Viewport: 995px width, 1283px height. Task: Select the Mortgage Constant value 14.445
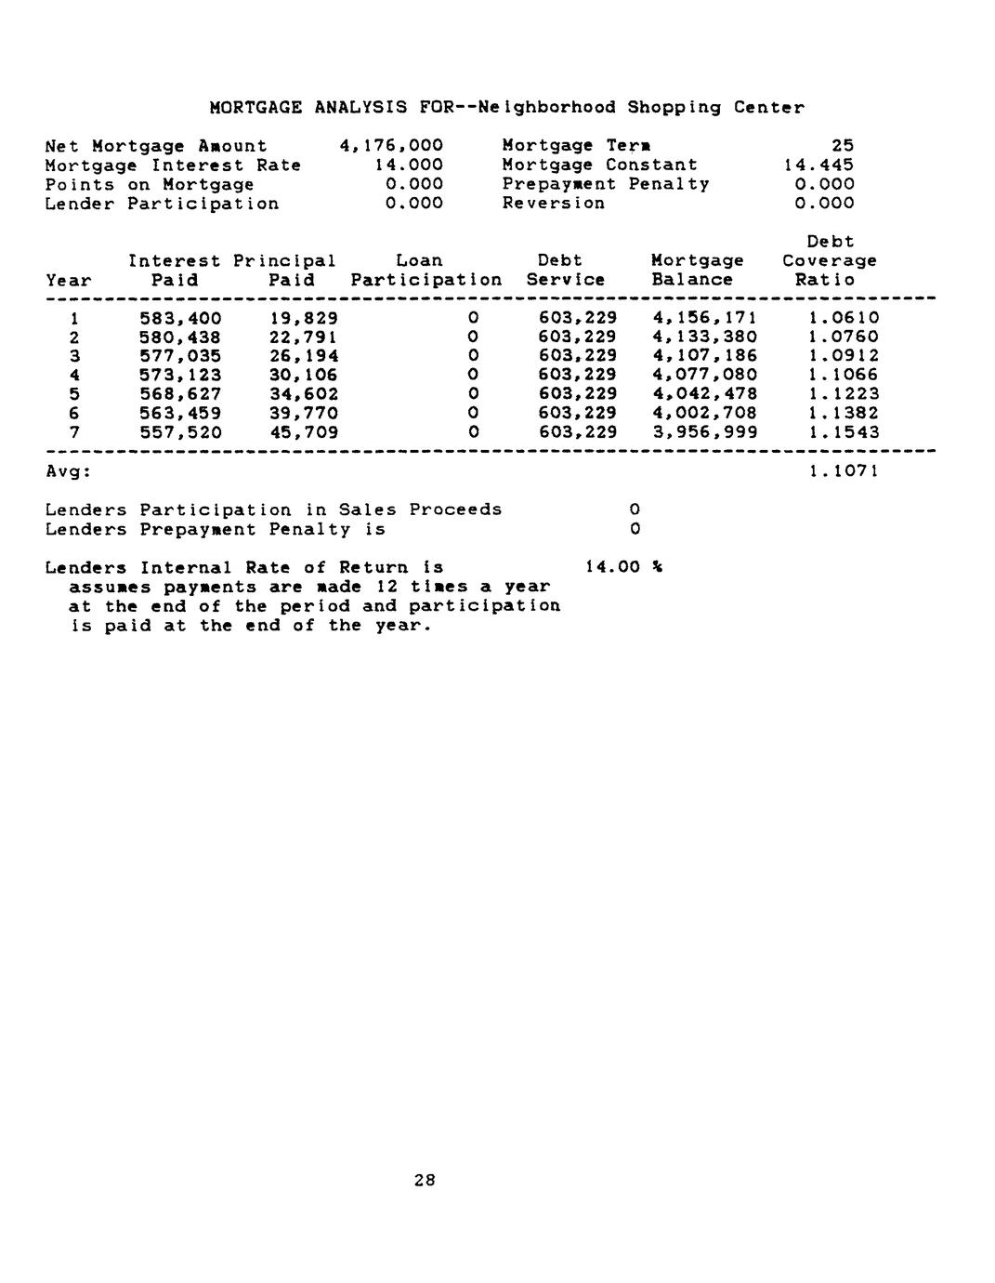pyautogui.click(x=818, y=165)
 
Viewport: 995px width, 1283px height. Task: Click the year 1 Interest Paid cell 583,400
pyautogui.click(x=180, y=318)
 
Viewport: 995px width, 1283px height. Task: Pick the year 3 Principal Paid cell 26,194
pyautogui.click(x=304, y=356)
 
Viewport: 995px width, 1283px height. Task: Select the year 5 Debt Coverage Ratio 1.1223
pyautogui.click(x=843, y=394)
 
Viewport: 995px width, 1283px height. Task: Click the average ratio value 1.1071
pyautogui.click(x=843, y=471)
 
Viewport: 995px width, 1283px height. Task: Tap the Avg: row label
pyautogui.click(x=69, y=471)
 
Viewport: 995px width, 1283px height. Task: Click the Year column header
pyautogui.click(x=69, y=280)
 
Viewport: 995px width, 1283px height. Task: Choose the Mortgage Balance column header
pyautogui.click(x=697, y=271)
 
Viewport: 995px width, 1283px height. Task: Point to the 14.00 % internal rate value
pyautogui.click(x=622, y=567)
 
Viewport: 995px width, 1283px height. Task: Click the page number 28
pyautogui.click(x=425, y=1181)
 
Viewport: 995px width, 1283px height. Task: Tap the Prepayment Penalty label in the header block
pyautogui.click(x=605, y=184)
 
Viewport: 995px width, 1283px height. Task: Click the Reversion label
pyautogui.click(x=553, y=204)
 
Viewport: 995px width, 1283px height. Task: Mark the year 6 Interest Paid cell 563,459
pyautogui.click(x=180, y=413)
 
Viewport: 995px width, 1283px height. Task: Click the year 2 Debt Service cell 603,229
pyautogui.click(x=577, y=337)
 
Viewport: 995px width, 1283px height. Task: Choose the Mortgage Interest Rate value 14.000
pyautogui.click(x=402, y=165)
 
